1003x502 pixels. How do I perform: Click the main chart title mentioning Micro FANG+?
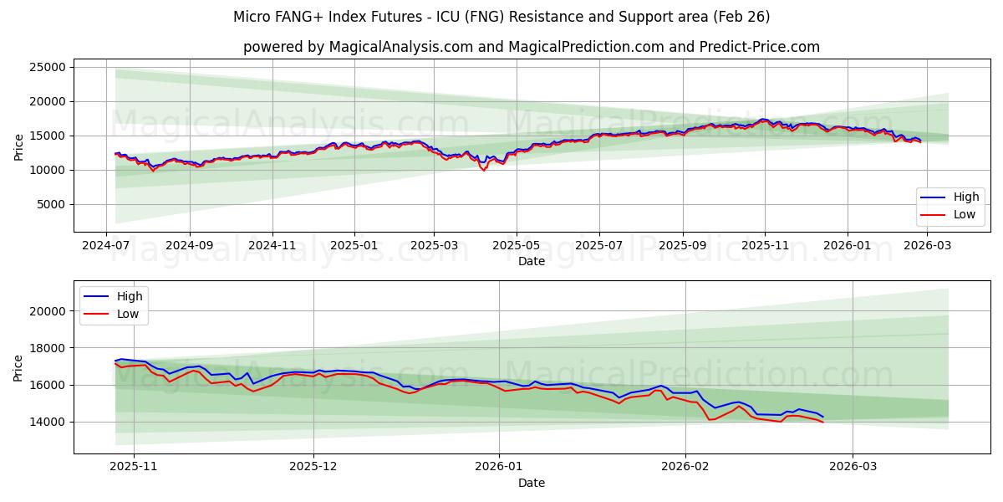coord(501,17)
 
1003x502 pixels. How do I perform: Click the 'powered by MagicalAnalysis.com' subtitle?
coord(531,47)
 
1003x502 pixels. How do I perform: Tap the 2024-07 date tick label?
coord(106,246)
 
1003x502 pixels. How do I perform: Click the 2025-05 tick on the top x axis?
coord(517,246)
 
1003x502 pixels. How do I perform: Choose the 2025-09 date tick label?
coord(682,246)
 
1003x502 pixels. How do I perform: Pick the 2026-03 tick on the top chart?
coord(928,246)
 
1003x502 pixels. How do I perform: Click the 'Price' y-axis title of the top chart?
coord(19,147)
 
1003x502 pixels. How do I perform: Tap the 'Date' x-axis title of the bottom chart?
coord(531,483)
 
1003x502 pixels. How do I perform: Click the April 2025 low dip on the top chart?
coord(483,170)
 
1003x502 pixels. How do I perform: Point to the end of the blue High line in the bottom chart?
coord(822,417)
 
